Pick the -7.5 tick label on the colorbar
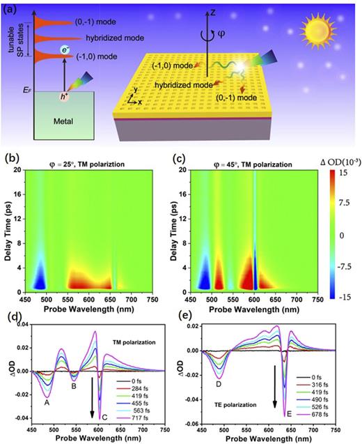coord(343,266)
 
